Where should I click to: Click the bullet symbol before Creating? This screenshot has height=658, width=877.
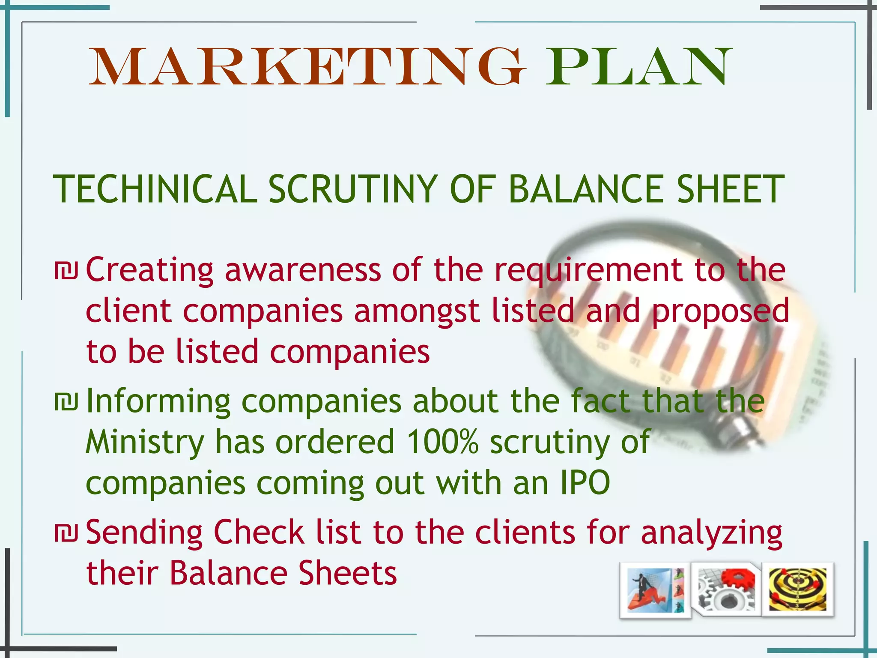coord(66,271)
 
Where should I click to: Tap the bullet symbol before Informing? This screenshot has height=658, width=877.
coord(66,402)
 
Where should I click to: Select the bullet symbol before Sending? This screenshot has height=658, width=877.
coord(66,533)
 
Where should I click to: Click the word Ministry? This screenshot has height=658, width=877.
coord(145,442)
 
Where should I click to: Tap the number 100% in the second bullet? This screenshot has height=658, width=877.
coord(442,442)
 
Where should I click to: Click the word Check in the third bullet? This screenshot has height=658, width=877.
coord(259,533)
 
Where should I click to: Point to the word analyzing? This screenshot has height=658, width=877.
coord(711,534)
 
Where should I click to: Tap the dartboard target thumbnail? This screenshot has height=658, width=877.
coord(797,589)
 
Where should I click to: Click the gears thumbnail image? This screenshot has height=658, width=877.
coord(726,589)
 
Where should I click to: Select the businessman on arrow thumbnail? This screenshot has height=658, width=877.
coord(655,590)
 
